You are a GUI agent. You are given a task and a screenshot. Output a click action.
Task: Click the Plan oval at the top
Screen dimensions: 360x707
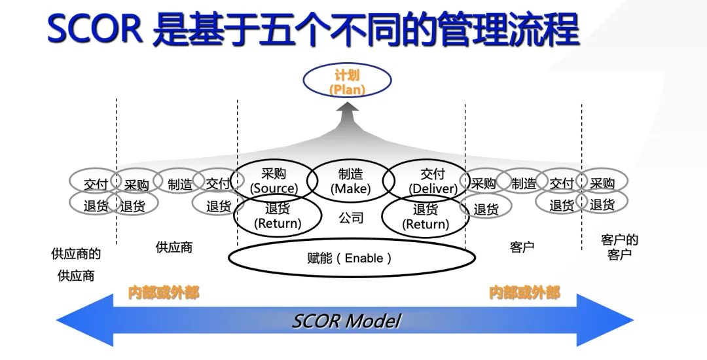[347, 82]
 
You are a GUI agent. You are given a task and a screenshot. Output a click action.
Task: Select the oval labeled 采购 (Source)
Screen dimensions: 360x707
[274, 181]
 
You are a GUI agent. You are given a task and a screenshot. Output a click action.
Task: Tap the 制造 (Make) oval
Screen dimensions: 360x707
[350, 181]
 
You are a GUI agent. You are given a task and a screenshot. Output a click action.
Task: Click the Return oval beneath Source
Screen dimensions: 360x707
[278, 216]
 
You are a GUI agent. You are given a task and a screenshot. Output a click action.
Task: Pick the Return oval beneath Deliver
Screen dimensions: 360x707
[425, 216]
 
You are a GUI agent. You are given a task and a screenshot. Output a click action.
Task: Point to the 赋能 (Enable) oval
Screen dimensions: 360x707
[352, 258]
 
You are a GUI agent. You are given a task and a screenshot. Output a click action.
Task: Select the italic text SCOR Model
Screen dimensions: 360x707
[346, 321]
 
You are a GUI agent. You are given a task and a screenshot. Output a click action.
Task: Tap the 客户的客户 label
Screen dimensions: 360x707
[619, 247]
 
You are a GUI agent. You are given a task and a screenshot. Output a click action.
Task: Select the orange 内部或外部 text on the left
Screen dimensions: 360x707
[163, 293]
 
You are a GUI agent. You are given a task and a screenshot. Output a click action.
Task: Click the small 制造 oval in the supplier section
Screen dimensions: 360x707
[179, 185]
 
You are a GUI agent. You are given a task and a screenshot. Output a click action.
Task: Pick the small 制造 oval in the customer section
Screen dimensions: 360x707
[523, 184]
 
